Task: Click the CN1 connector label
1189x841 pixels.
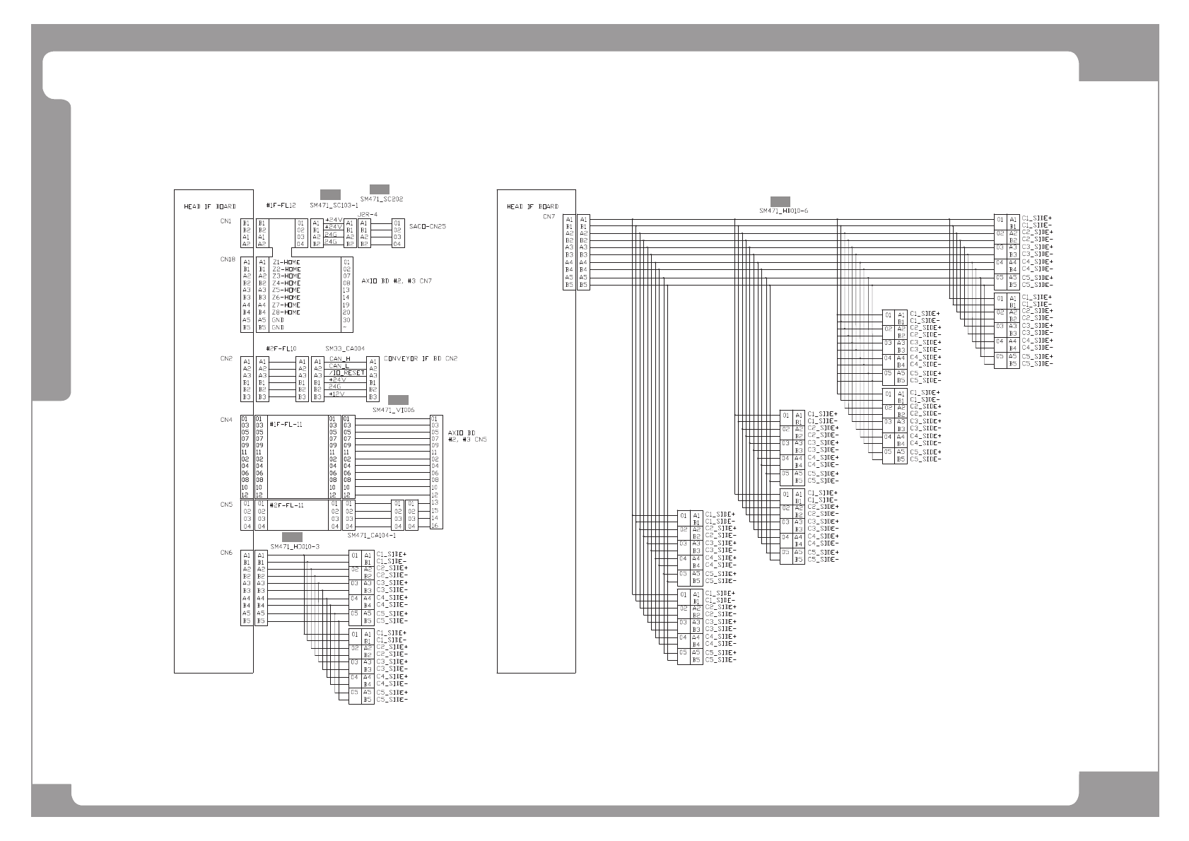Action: coord(225,222)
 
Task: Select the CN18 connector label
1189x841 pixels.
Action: coord(227,259)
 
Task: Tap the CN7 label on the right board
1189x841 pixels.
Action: coord(549,217)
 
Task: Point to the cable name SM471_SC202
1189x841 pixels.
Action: coord(382,199)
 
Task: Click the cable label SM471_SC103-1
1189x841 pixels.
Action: coord(334,205)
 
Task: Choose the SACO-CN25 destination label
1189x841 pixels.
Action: coord(428,227)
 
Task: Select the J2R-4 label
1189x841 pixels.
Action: coord(368,213)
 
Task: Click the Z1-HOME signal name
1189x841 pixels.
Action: coord(286,262)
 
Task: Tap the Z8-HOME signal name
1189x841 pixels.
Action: coord(286,312)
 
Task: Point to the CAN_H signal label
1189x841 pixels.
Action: coord(339,359)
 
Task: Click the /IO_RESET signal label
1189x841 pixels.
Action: coord(347,372)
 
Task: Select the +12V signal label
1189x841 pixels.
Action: coord(336,394)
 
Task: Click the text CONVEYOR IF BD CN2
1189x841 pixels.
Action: coord(421,359)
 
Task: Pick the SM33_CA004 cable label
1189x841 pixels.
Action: coord(345,349)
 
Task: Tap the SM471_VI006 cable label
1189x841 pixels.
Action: coord(393,410)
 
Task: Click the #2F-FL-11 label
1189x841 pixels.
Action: coord(287,505)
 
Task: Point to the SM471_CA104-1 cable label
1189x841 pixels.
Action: coord(371,536)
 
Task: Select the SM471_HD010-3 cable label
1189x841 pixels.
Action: coord(295,546)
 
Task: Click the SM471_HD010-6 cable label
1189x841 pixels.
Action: coord(783,211)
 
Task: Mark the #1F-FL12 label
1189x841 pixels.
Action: coord(281,206)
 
